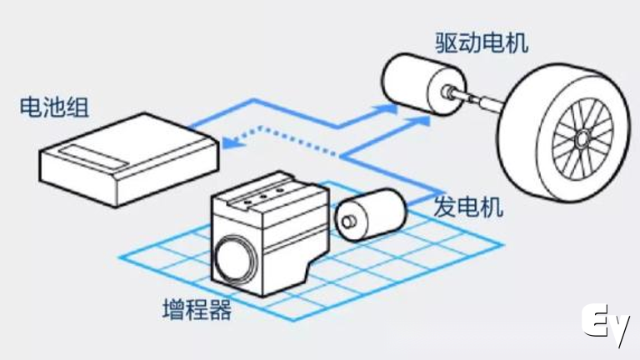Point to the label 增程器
pyautogui.click(x=196, y=312)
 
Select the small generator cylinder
pyautogui.click(x=367, y=212)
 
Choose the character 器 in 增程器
pyautogui.click(x=219, y=312)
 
